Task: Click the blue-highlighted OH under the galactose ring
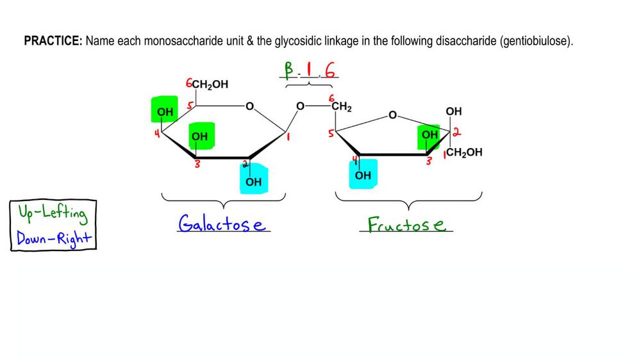pos(254,181)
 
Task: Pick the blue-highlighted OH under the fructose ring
pos(363,176)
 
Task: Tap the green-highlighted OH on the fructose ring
pos(429,135)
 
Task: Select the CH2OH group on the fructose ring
pos(464,152)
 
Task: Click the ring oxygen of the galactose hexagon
pos(249,106)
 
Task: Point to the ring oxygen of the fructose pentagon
pos(393,116)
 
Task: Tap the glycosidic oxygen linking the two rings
pos(299,106)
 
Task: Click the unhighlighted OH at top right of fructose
pos(453,111)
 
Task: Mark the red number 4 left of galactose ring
pos(156,133)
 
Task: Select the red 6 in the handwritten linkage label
pos(330,70)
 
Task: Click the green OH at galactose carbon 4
pos(165,113)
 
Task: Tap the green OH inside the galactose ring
pos(199,136)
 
